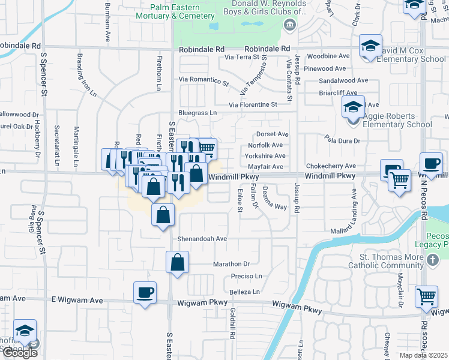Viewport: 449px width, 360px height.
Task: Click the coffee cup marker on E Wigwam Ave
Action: pyautogui.click(x=145, y=293)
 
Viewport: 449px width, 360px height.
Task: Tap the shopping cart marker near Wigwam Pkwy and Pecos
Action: pyautogui.click(x=426, y=296)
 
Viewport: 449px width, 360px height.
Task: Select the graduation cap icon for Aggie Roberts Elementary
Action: pyautogui.click(x=354, y=108)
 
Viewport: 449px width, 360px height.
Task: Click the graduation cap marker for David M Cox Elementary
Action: pyautogui.click(x=370, y=46)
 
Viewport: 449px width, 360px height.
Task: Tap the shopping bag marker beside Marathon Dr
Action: pyautogui.click(x=178, y=262)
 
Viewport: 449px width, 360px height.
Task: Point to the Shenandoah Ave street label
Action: pyautogui.click(x=202, y=238)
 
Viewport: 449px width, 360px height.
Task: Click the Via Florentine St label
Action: pyautogui.click(x=252, y=104)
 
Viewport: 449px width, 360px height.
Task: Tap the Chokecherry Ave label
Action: pyautogui.click(x=331, y=166)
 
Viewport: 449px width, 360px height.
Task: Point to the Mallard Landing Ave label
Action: pyautogui.click(x=354, y=207)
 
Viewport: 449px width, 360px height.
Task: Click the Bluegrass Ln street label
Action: pyautogui.click(x=197, y=112)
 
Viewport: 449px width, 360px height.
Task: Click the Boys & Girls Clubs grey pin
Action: pyautogui.click(x=290, y=25)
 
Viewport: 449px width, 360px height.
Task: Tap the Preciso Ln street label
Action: pyautogui.click(x=247, y=276)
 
